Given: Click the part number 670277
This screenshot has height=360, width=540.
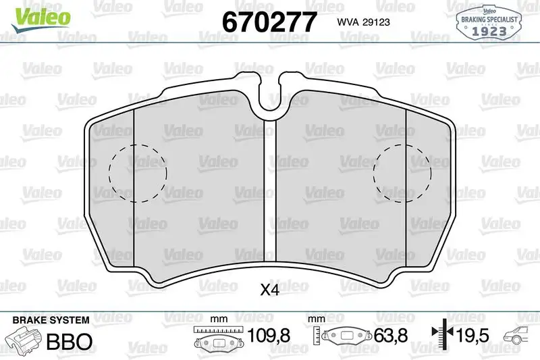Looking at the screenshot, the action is pos(269,22).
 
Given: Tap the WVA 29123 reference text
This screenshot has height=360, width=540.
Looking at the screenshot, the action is pos(363,22).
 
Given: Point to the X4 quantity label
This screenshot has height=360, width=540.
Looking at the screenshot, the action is pos(269,290).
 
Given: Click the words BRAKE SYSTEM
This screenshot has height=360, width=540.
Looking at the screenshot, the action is pos(51,320).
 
